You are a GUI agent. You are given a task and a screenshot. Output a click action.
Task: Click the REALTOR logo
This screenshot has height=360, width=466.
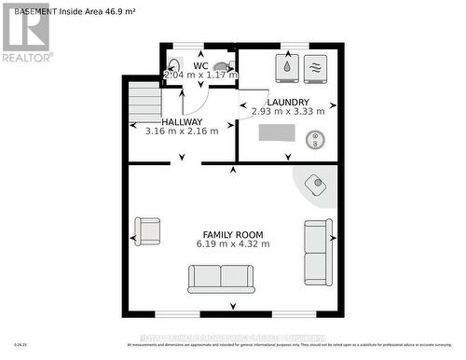(25, 34)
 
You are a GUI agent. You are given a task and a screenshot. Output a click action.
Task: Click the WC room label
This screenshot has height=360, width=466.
(200, 65)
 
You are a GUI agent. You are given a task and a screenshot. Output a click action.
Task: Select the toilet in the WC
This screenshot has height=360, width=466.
(221, 67)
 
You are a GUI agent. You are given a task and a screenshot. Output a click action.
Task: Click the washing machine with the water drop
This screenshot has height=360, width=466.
(286, 68)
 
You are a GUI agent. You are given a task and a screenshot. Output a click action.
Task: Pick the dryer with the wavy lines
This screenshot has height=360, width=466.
(315, 67)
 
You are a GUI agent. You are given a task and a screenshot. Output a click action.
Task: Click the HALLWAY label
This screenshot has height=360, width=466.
(182, 122)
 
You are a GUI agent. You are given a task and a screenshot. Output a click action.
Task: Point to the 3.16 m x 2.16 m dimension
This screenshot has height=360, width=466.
(182, 132)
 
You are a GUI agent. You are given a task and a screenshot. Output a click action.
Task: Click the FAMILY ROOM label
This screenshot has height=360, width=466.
(233, 234)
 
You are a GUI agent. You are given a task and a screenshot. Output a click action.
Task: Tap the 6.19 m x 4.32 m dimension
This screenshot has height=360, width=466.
(233, 244)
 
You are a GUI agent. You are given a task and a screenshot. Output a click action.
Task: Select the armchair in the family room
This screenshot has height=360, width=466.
(147, 230)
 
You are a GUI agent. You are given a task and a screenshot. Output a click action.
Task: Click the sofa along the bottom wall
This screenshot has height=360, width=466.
(221, 278)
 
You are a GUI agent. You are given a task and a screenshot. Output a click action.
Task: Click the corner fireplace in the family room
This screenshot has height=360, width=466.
(317, 184)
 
